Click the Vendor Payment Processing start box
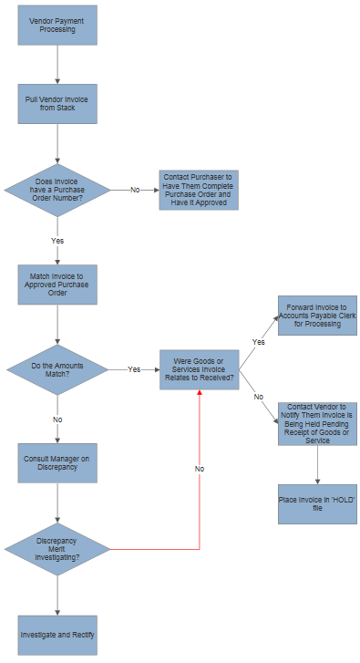point(57,25)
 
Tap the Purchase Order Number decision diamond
point(57,190)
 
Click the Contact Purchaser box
point(198,190)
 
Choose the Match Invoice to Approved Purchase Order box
point(57,285)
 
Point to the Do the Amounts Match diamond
point(57,369)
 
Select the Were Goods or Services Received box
point(198,369)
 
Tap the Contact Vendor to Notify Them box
point(317,423)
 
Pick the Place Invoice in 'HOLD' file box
point(317,502)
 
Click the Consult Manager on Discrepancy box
point(57,462)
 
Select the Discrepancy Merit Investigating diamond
point(57,549)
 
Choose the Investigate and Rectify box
point(57,635)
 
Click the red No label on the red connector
point(199,468)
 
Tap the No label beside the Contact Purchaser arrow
point(135,190)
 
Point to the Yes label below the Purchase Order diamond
point(57,241)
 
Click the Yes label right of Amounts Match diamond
point(134,369)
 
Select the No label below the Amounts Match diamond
point(57,420)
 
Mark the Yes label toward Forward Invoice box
point(257,342)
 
